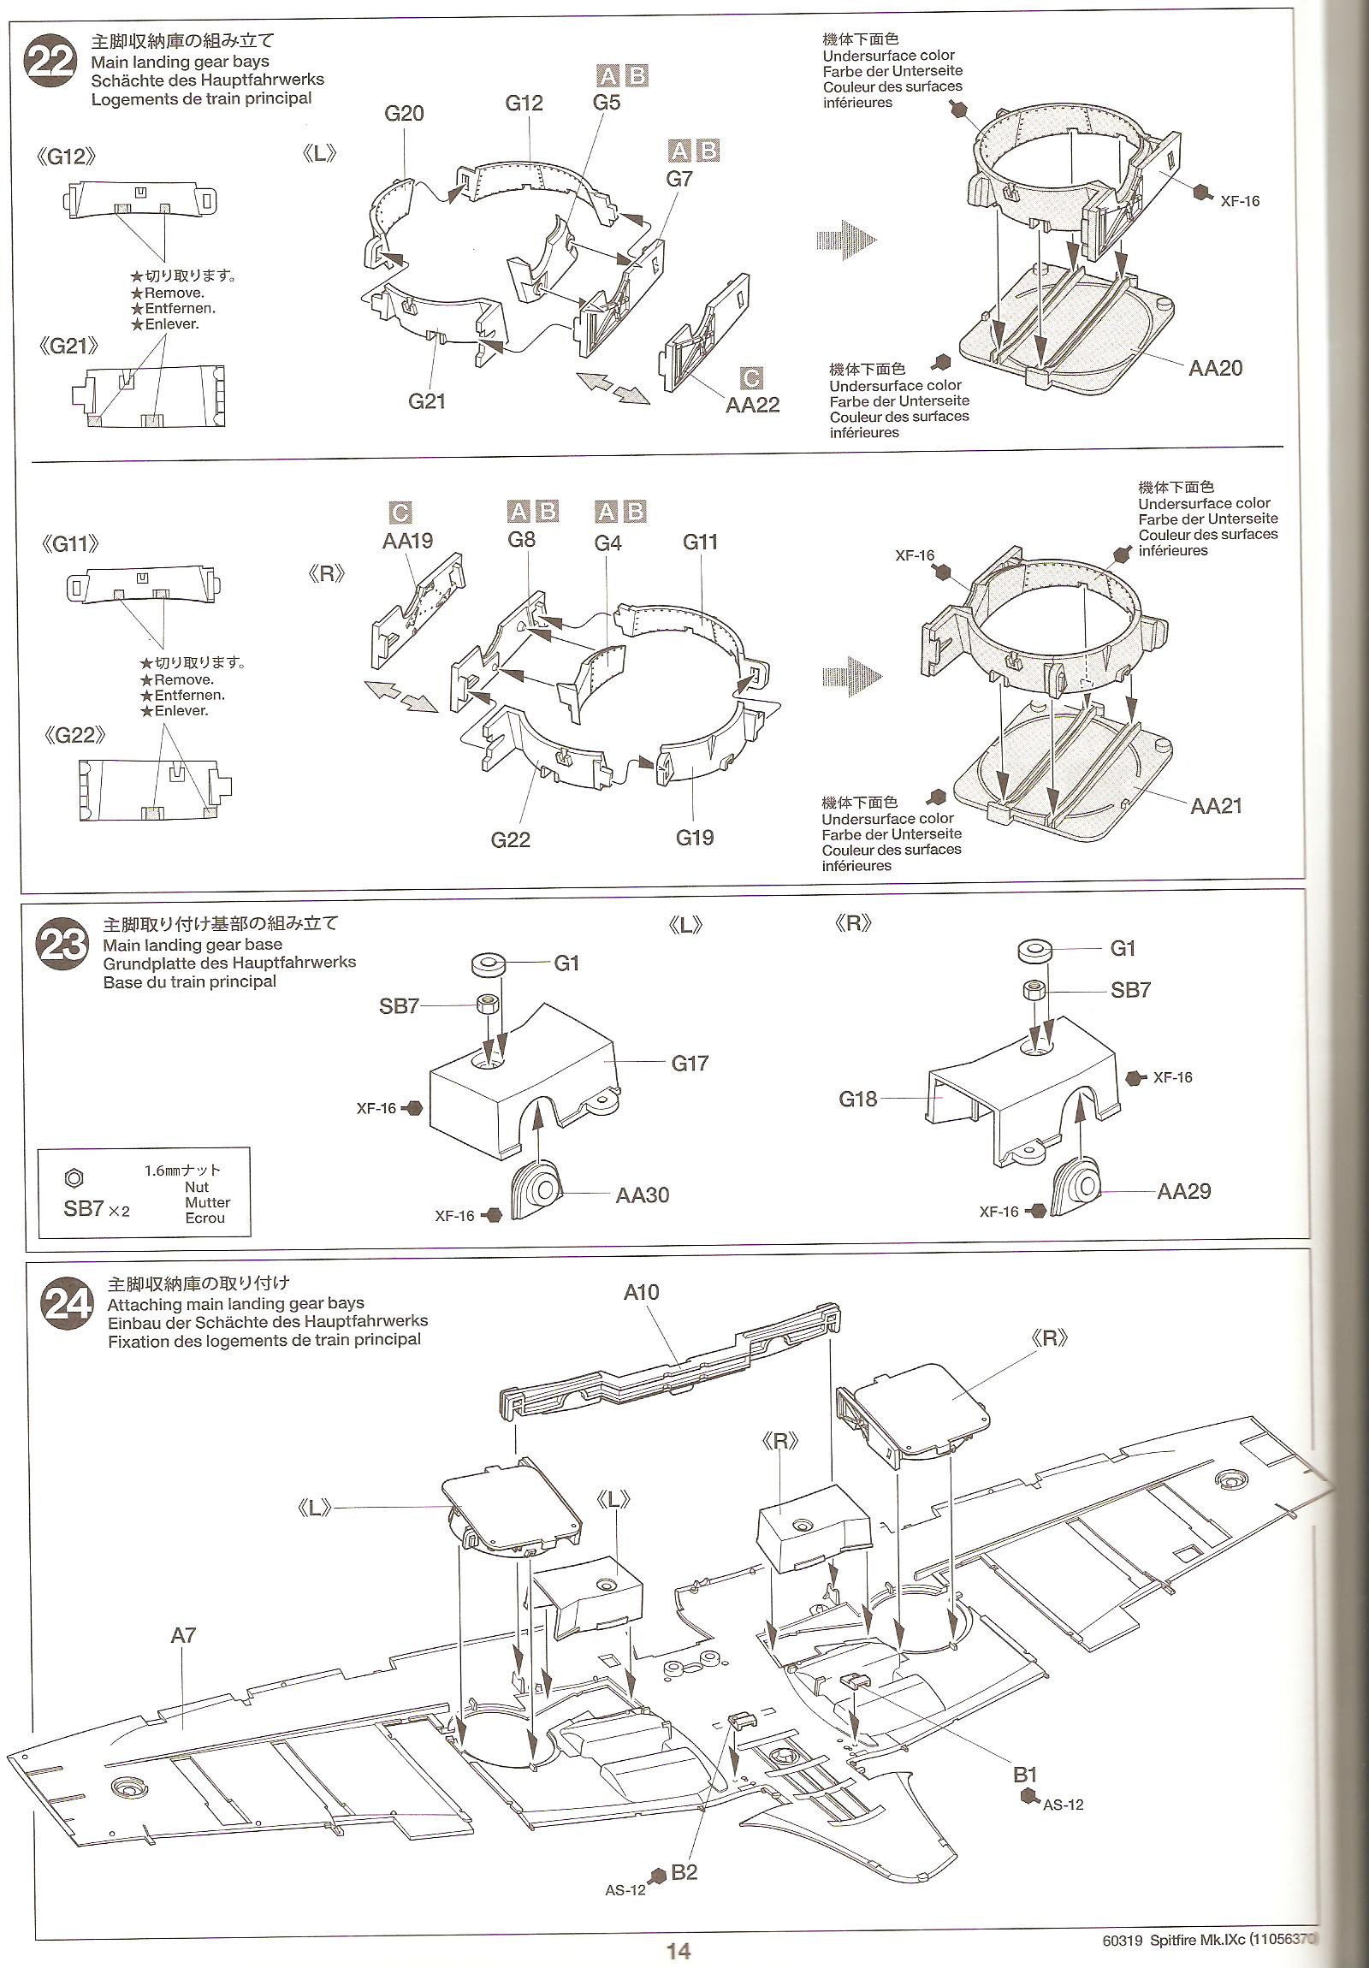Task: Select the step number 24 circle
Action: pyautogui.click(x=68, y=1305)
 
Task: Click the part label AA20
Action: pyautogui.click(x=1215, y=368)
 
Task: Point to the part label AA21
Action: pyautogui.click(x=1216, y=805)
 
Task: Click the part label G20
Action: pyautogui.click(x=404, y=113)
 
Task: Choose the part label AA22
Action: pyautogui.click(x=752, y=405)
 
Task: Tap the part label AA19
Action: pyautogui.click(x=407, y=541)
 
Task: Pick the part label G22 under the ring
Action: pyautogui.click(x=510, y=839)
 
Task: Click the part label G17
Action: pyautogui.click(x=690, y=1063)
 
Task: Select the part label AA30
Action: pyautogui.click(x=642, y=1194)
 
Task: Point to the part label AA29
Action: pyautogui.click(x=1184, y=1190)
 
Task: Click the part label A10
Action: pyautogui.click(x=640, y=1292)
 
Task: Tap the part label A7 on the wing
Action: pyautogui.click(x=183, y=1635)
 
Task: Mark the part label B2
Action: pyautogui.click(x=683, y=1872)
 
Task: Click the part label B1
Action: pyautogui.click(x=1025, y=1775)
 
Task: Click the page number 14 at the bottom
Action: pyautogui.click(x=678, y=1951)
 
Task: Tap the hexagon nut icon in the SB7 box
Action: pyautogui.click(x=74, y=1178)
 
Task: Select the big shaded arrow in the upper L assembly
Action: pyautogui.click(x=847, y=240)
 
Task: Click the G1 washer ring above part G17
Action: pyautogui.click(x=489, y=964)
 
